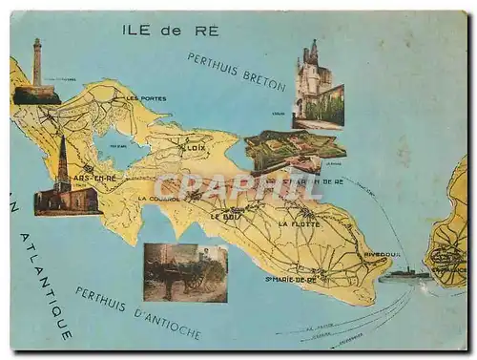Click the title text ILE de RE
tap(171, 30)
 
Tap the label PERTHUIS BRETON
tap(236, 72)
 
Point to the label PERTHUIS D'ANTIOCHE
tap(138, 312)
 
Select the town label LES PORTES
tap(146, 98)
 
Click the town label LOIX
tap(195, 149)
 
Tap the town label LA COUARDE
tap(156, 199)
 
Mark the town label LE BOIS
tap(225, 216)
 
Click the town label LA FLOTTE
tap(299, 223)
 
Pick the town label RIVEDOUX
tap(382, 255)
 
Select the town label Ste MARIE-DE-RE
tap(291, 279)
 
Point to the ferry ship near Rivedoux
tap(404, 275)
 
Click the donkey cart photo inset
tap(185, 272)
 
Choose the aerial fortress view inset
tap(294, 149)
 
